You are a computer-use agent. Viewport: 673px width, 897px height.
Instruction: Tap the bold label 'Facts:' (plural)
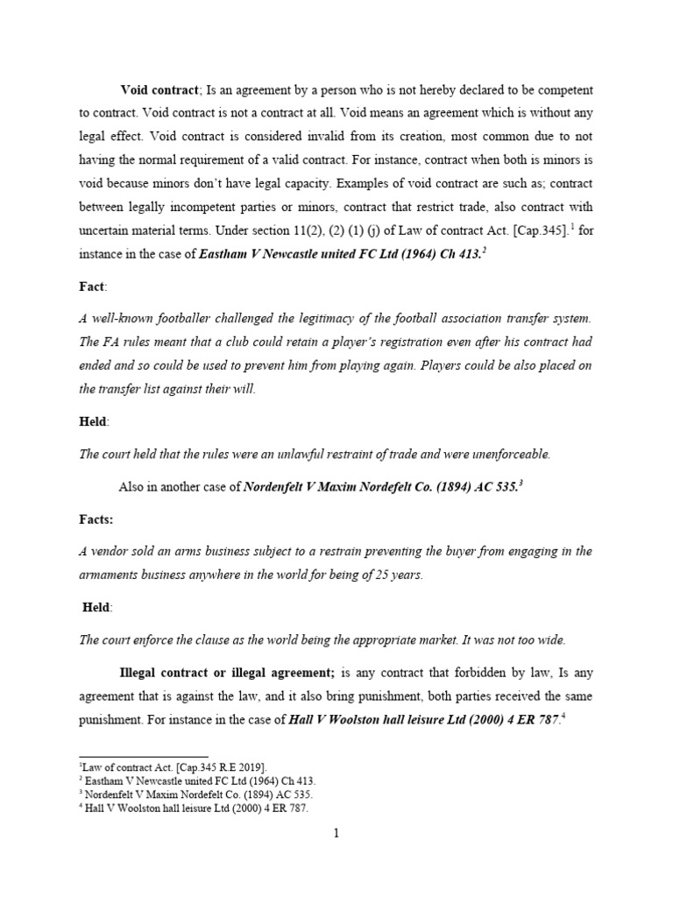(96, 519)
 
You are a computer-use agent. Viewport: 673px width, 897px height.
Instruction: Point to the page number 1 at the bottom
(336, 833)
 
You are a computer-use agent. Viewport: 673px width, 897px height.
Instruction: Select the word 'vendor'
(109, 551)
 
